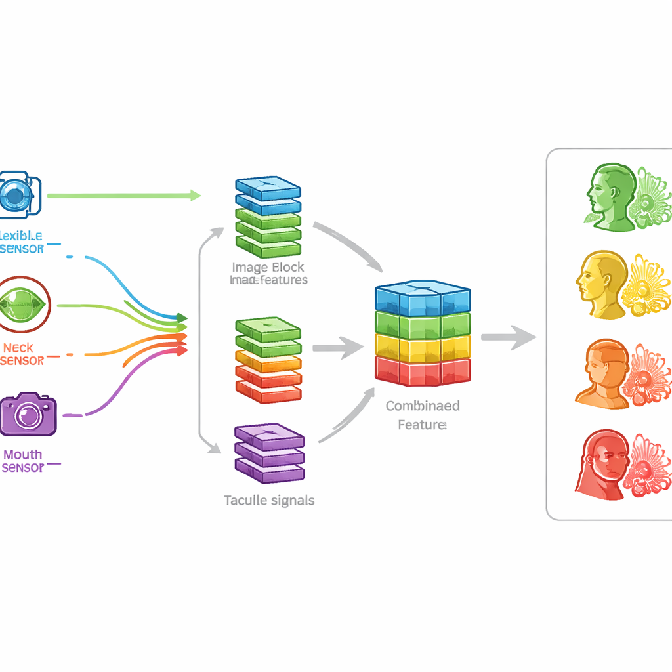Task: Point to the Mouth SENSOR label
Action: click(x=23, y=461)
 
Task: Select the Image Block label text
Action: click(x=268, y=268)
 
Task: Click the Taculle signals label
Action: click(x=269, y=501)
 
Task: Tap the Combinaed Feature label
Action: click(x=423, y=415)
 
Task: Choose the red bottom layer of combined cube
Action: click(x=423, y=370)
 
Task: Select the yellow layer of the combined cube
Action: click(x=423, y=346)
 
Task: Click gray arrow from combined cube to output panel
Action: click(x=508, y=337)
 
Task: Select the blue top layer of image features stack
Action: click(x=268, y=188)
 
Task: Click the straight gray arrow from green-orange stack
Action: click(x=337, y=347)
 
